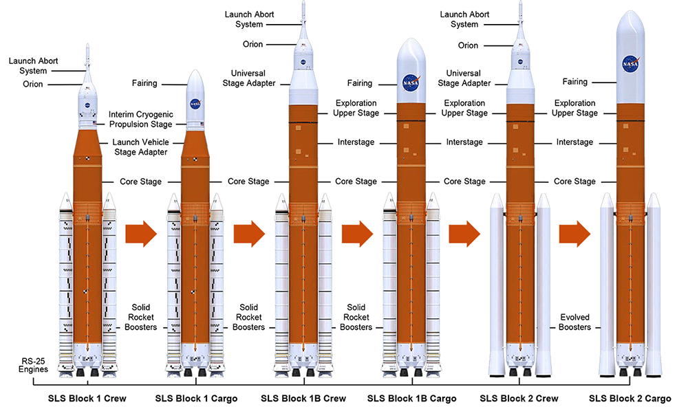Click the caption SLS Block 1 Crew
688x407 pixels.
pos(87,398)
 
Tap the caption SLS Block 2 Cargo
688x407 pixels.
pos(630,398)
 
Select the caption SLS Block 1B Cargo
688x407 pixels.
pos(411,398)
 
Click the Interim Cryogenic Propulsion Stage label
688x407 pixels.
pos(141,119)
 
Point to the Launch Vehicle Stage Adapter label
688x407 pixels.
pos(140,147)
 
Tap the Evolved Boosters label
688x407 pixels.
pos(574,322)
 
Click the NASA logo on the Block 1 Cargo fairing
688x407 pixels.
pos(195,104)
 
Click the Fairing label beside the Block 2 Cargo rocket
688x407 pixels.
pos(574,82)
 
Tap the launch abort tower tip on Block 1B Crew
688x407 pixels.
pos(303,3)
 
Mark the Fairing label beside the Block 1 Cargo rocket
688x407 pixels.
pos(144,83)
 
